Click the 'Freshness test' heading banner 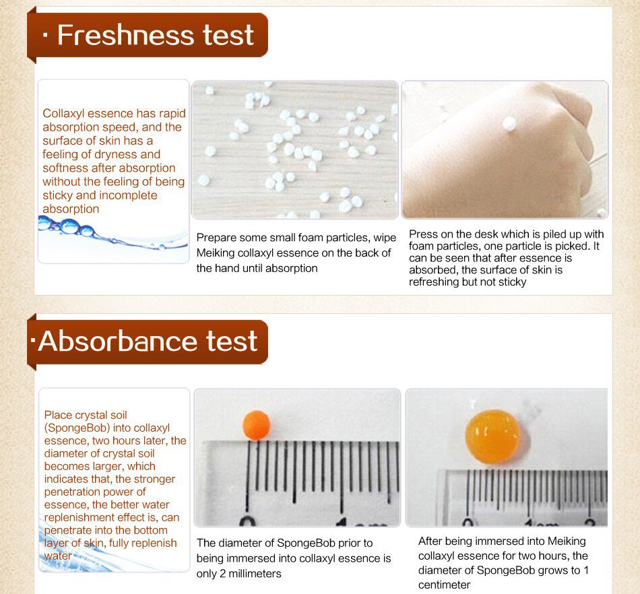coord(148,35)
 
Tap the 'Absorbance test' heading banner coord(148,341)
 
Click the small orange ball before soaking coord(256,425)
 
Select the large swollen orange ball coord(493,436)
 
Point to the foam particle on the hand coord(509,123)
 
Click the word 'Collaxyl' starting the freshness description coord(64,113)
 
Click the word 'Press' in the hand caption coord(423,234)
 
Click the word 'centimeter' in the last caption coord(445,585)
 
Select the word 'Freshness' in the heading coord(121,35)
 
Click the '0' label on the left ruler coord(248,521)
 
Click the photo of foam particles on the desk coord(294,150)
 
